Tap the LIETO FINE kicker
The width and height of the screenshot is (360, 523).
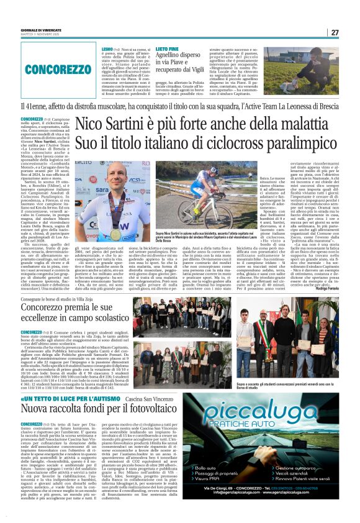167,48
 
